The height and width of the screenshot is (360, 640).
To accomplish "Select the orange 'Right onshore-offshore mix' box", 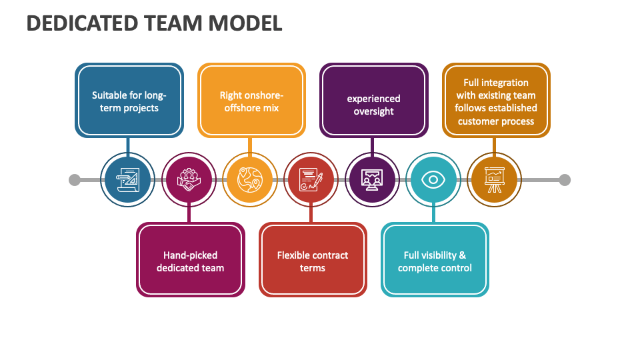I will pos(251,101).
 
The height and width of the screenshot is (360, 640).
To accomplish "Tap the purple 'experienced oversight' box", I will pos(373,101).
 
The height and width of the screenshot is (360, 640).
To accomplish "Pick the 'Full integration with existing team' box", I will pos(497,101).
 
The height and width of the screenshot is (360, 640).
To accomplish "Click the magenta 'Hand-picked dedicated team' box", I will pos(190,260).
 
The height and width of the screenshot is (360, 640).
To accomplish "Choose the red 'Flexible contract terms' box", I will pos(313,260).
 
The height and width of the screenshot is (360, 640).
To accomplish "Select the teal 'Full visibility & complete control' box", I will pos(435,260).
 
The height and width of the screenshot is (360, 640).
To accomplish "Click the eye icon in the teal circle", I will pos(434,179).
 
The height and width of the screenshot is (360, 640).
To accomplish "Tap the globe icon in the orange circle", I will pos(250,179).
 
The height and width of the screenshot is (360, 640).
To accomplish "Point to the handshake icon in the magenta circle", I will pos(189,179).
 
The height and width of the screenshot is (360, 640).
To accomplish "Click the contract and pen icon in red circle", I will pos(311,179).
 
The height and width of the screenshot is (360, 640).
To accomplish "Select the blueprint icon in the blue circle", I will pos(128,179).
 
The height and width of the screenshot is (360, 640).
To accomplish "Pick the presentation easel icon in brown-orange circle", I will pos(494,179).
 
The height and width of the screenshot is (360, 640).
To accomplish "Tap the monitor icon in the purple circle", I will pos(373,179).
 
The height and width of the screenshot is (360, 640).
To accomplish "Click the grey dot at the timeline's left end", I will pos(75,179).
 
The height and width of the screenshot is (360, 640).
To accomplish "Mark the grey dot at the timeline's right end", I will pos(565,179).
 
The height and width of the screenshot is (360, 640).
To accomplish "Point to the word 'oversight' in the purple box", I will pos(373,111).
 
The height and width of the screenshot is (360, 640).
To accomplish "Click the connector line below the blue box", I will pos(128,147).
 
